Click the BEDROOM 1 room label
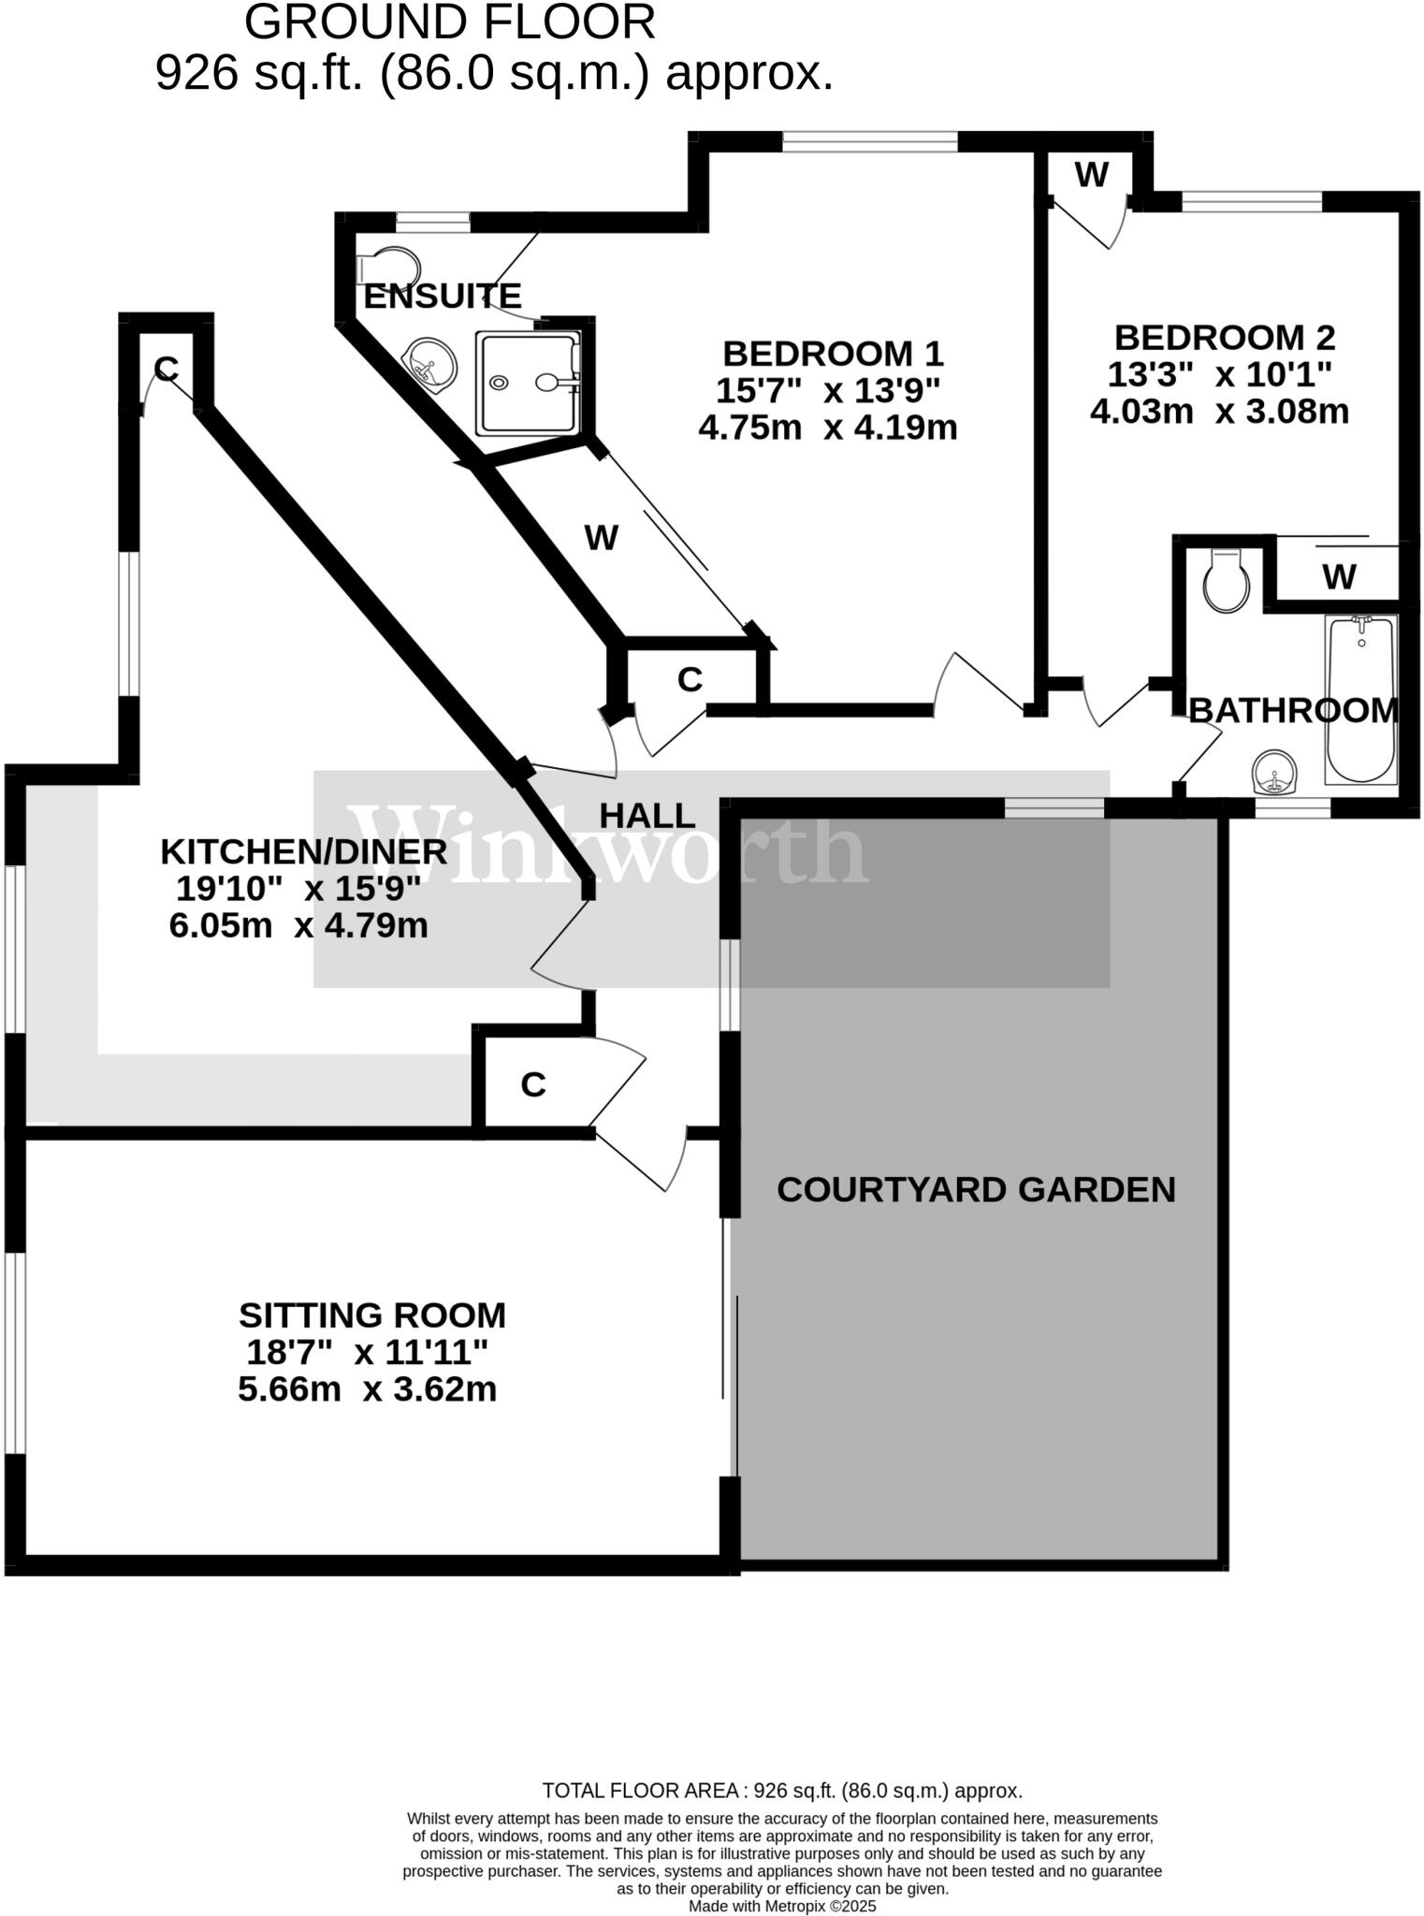coord(833,354)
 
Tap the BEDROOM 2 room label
coord(1224,337)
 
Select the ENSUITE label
coord(442,296)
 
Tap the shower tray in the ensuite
coord(528,383)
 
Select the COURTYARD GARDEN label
coord(976,1189)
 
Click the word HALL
coord(647,816)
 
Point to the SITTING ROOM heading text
coord(371,1315)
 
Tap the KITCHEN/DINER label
coord(303,851)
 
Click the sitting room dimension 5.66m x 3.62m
coord(367,1389)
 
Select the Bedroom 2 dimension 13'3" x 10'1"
coord(1219,374)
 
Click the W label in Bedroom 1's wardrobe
coord(601,538)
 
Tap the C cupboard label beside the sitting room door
coord(532,1084)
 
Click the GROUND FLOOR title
coord(449,22)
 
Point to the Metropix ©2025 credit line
coord(782,1906)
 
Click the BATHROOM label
coord(1293,711)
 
